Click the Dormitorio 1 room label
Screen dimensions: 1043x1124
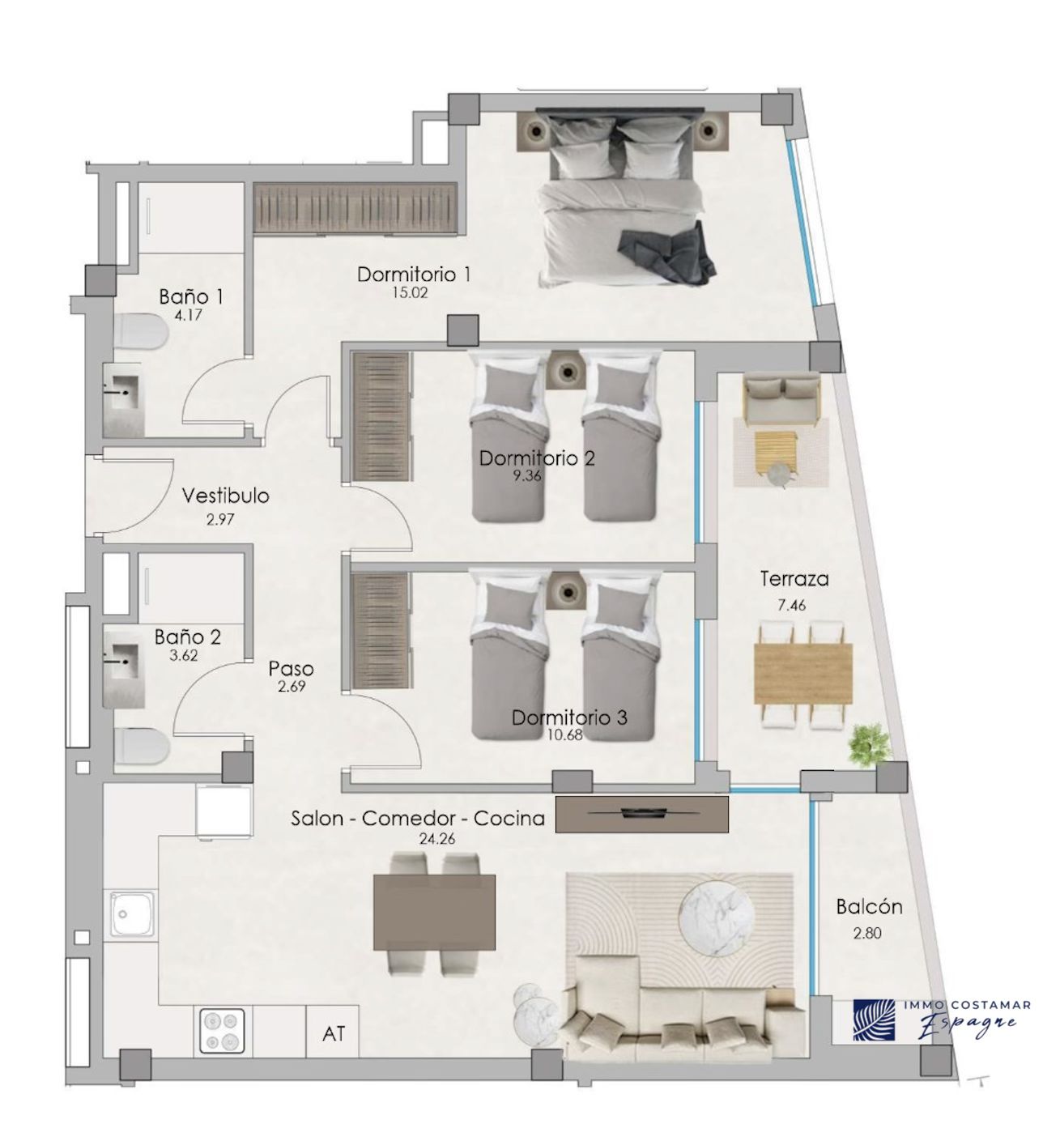click(x=414, y=275)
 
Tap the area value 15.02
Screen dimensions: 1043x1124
click(x=410, y=293)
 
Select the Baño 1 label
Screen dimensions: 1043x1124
click(x=191, y=297)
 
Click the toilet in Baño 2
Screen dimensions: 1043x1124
click(x=142, y=745)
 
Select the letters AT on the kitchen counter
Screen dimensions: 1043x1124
click(x=334, y=1034)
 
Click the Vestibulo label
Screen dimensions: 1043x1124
click(x=225, y=496)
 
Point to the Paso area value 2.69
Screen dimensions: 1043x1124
click(x=292, y=687)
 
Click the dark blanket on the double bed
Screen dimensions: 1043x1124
click(x=667, y=253)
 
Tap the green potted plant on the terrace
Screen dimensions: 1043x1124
click(x=870, y=745)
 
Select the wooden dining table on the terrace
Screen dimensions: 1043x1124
click(x=803, y=674)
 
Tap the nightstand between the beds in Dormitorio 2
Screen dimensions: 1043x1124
click(x=567, y=370)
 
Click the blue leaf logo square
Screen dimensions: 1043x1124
click(x=875, y=1020)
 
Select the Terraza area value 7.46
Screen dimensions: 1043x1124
click(x=792, y=605)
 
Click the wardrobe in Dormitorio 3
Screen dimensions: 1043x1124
click(x=380, y=631)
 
